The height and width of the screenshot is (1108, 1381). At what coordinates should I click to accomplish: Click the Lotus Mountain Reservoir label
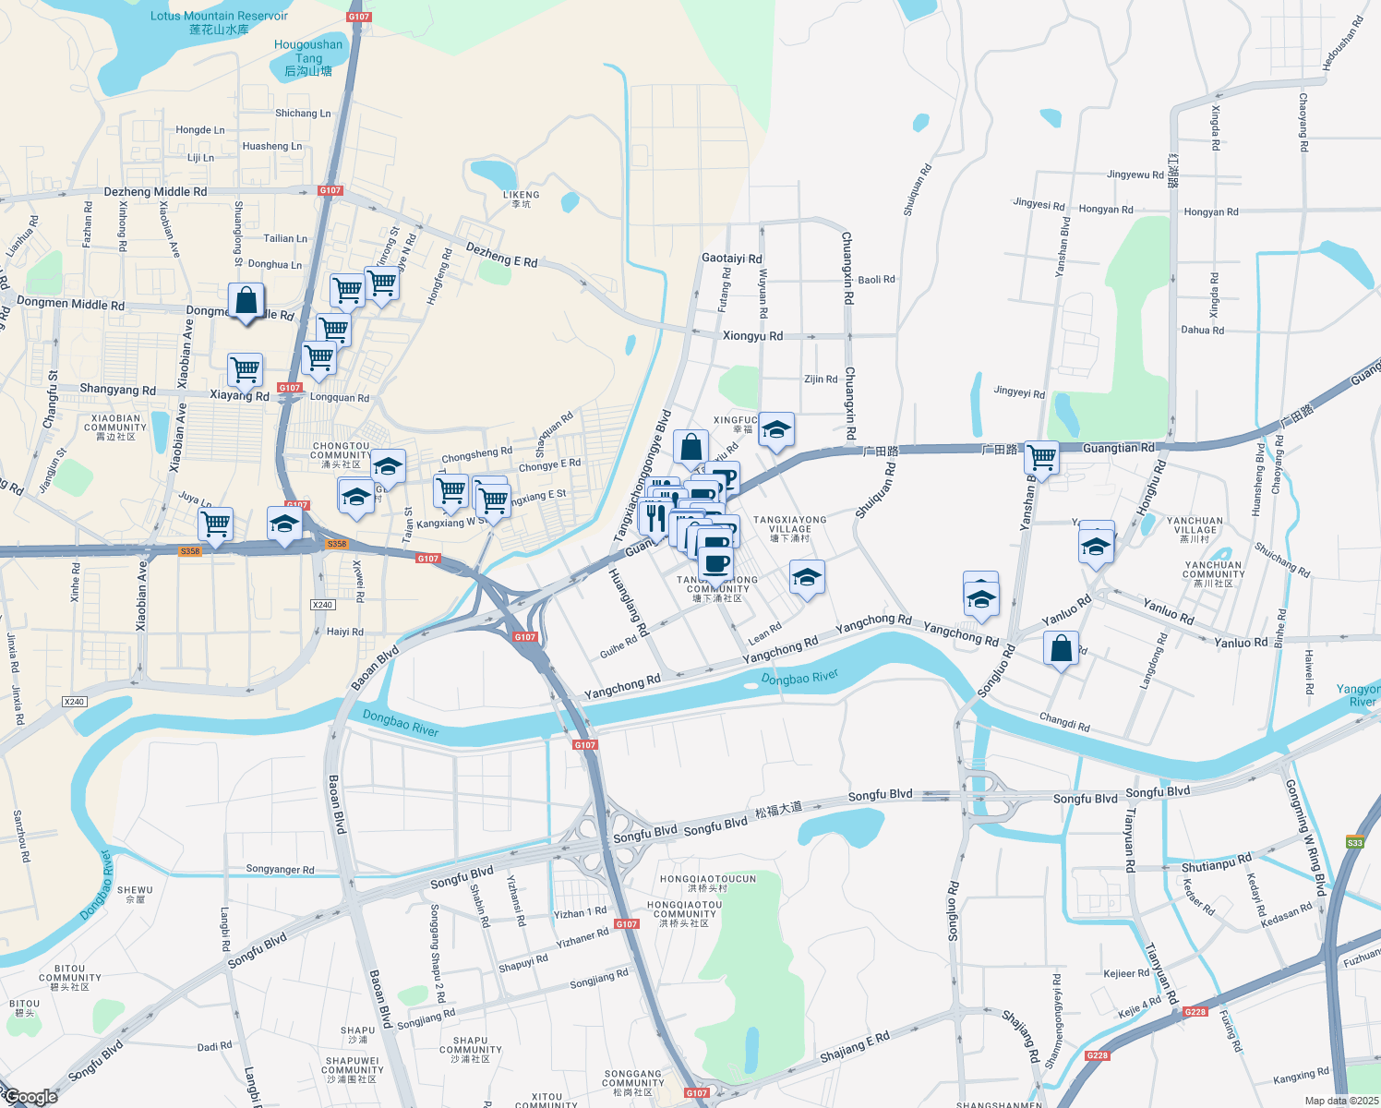(x=219, y=22)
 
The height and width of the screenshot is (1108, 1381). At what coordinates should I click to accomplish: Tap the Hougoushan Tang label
(x=308, y=57)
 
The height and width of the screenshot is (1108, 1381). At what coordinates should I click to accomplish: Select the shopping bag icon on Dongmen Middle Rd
(x=246, y=301)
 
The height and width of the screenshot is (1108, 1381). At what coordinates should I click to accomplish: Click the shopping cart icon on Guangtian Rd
(x=1041, y=457)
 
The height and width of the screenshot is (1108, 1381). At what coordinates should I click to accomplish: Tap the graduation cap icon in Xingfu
(x=776, y=429)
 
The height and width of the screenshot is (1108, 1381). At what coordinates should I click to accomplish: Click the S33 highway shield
(x=1354, y=842)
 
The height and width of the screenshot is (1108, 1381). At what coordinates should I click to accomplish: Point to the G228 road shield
(x=1195, y=1012)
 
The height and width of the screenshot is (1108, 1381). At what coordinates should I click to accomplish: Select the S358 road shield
(x=190, y=551)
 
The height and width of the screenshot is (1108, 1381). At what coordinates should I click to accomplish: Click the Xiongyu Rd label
(x=752, y=336)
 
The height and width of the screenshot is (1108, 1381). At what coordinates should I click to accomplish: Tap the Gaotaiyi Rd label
(x=732, y=259)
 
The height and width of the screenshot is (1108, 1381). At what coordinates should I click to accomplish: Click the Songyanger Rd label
(x=280, y=870)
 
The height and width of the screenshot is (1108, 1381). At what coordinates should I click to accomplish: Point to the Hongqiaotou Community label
(x=684, y=914)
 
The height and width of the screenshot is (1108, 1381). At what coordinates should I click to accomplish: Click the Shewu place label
(x=135, y=894)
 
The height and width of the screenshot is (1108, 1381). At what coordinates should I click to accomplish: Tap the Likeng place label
(x=522, y=199)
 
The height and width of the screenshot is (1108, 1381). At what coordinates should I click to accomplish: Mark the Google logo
(x=30, y=1097)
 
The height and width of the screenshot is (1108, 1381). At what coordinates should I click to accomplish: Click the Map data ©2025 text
(x=1341, y=1101)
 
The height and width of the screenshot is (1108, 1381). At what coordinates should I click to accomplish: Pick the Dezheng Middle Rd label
(x=155, y=192)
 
